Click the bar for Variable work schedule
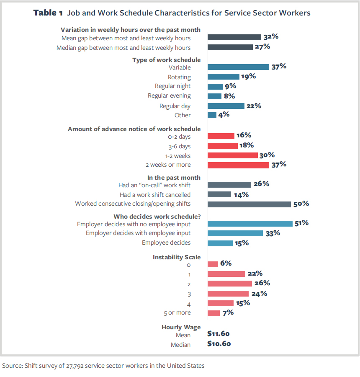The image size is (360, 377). (x=238, y=67)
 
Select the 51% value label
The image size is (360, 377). (x=301, y=223)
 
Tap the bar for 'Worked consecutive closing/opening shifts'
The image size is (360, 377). (x=249, y=204)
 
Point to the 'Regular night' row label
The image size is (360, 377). (x=172, y=86)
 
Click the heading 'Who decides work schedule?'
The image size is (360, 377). (x=157, y=217)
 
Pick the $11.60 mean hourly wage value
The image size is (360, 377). (x=219, y=334)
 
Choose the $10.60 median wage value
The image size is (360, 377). (x=219, y=344)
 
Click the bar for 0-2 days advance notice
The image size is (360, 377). (x=221, y=136)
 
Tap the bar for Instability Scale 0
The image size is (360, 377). (x=213, y=264)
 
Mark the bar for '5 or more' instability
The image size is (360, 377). (x=213, y=313)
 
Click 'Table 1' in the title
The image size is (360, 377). (x=48, y=13)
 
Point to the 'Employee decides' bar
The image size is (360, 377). (x=220, y=243)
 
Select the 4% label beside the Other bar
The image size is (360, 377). (x=224, y=114)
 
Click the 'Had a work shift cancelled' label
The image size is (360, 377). (x=155, y=195)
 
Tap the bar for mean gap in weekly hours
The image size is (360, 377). (x=234, y=37)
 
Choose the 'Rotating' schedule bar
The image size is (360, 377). (x=223, y=77)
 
